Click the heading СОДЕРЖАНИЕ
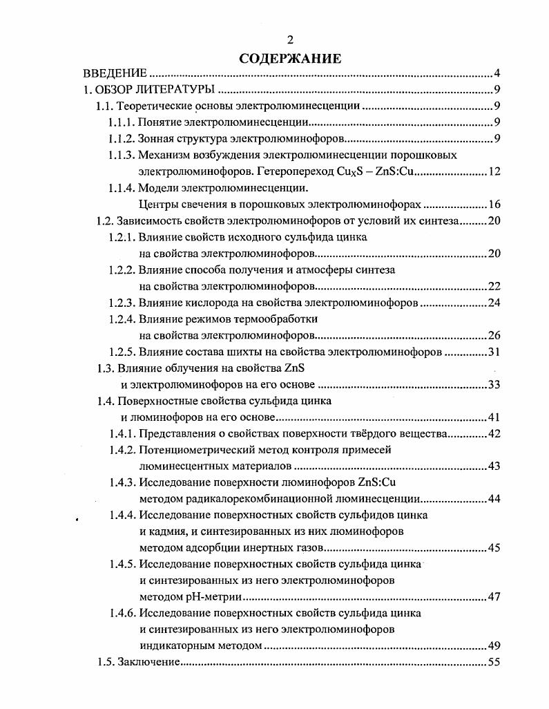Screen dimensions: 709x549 (290, 58)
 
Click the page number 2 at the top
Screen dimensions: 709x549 (290, 40)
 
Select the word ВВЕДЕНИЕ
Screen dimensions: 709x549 (115, 73)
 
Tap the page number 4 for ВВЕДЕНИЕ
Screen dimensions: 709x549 (497, 73)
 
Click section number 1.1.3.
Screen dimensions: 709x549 (122, 155)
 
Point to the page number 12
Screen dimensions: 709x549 (494, 171)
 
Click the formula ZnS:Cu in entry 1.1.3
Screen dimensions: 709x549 (393, 171)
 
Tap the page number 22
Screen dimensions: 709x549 (494, 286)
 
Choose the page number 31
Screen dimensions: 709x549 (494, 352)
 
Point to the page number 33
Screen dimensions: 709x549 (494, 384)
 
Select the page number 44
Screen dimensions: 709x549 (494, 499)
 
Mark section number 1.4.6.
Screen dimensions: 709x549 (122, 613)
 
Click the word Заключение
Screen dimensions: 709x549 (149, 663)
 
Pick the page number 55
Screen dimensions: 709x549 (494, 663)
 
